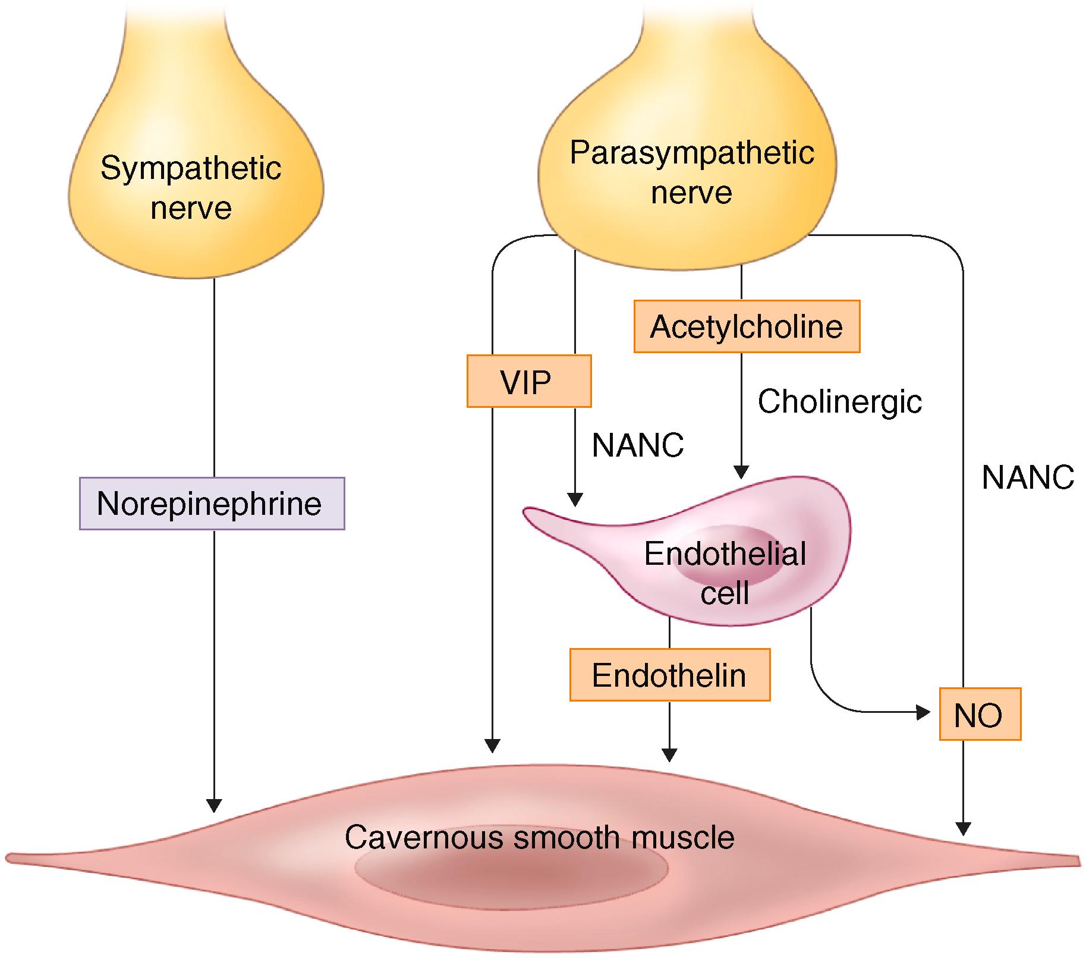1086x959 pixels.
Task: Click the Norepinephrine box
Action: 212,503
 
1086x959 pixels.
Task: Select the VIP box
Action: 528,381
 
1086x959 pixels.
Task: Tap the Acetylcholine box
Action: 747,326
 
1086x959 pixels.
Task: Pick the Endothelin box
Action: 669,675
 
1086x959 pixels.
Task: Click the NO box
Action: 979,714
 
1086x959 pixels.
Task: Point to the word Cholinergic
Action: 839,401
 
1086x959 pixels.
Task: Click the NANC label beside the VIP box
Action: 637,445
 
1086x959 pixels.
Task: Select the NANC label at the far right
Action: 1027,477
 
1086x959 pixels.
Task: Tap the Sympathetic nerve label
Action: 190,187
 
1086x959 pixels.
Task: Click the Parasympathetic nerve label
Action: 691,172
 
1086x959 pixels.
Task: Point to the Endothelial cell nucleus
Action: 728,562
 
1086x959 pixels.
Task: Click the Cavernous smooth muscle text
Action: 539,837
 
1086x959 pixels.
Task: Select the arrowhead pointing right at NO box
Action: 923,712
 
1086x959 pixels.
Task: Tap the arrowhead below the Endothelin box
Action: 669,754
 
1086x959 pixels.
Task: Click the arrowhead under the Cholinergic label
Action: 741,471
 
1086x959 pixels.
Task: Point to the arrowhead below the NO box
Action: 963,828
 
